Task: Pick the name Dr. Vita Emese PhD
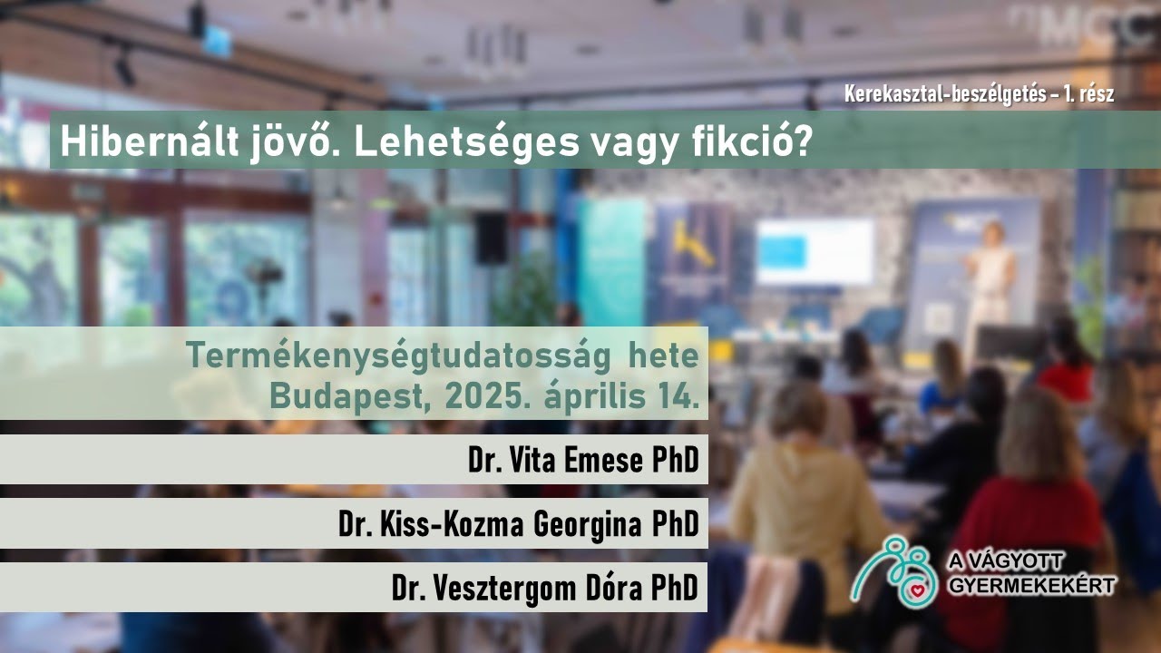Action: pos(583,461)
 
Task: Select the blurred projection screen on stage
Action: pos(814,250)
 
